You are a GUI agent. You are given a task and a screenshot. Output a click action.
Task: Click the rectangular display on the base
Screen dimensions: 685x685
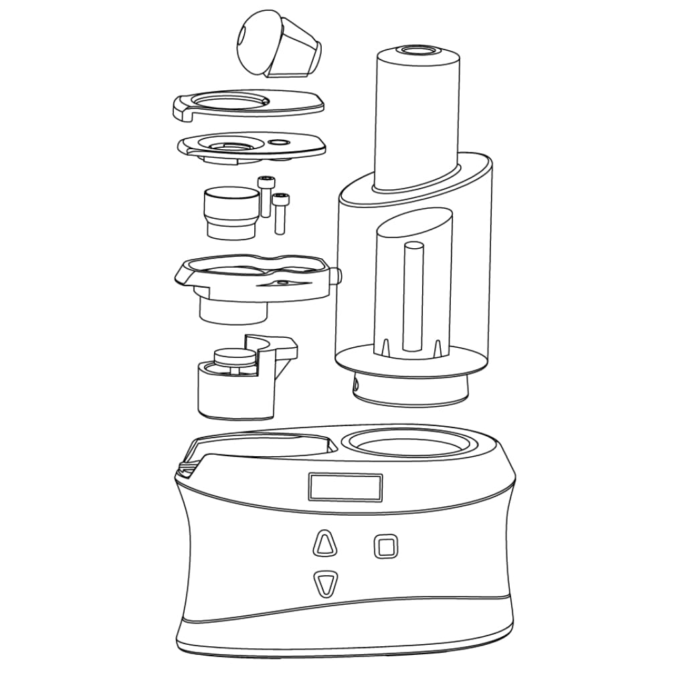(345, 486)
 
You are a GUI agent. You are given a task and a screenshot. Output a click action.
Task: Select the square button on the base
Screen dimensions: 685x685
(385, 546)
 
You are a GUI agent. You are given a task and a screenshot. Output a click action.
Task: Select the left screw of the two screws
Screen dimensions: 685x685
(265, 195)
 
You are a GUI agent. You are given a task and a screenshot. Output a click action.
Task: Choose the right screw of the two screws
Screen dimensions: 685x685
(280, 211)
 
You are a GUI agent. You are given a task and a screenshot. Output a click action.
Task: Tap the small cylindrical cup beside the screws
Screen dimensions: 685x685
(231, 212)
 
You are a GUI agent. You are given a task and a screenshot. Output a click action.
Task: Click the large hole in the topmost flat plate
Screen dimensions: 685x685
(231, 102)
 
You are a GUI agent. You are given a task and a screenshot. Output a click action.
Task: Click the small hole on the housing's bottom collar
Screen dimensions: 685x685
(356, 385)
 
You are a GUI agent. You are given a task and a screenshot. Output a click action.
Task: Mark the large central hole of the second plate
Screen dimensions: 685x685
(231, 144)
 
